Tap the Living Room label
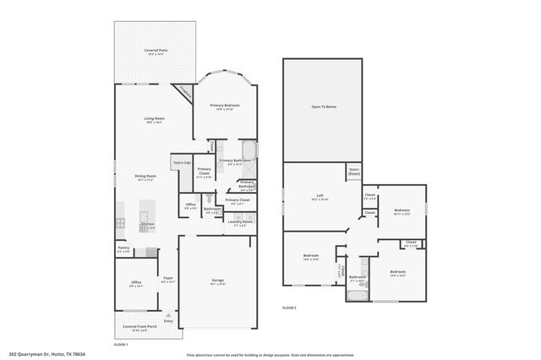pyautogui.click(x=153, y=119)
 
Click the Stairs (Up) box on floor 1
pyautogui.click(x=181, y=161)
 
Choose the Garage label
pyautogui.click(x=217, y=281)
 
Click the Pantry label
pyautogui.click(x=123, y=249)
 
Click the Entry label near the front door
pyautogui.click(x=168, y=321)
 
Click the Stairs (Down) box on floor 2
pyautogui.click(x=354, y=172)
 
